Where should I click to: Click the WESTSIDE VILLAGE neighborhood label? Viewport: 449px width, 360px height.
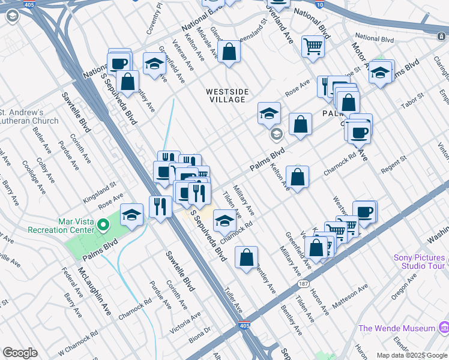[227, 95]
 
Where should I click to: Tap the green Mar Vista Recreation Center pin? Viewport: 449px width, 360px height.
[103, 226]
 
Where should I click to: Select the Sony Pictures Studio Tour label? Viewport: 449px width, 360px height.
[419, 262]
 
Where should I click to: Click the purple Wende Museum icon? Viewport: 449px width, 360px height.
[444, 328]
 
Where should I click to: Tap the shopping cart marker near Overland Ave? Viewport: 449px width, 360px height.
[313, 46]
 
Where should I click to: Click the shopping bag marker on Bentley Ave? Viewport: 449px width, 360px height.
[247, 258]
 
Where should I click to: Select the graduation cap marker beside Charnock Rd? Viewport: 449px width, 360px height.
[224, 221]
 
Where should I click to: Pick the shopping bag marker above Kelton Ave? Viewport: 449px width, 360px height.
[297, 177]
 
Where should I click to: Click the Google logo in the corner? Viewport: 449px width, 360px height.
[20, 353]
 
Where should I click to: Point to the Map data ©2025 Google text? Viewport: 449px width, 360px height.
[411, 355]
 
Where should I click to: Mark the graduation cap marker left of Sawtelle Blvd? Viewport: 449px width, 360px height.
[132, 214]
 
